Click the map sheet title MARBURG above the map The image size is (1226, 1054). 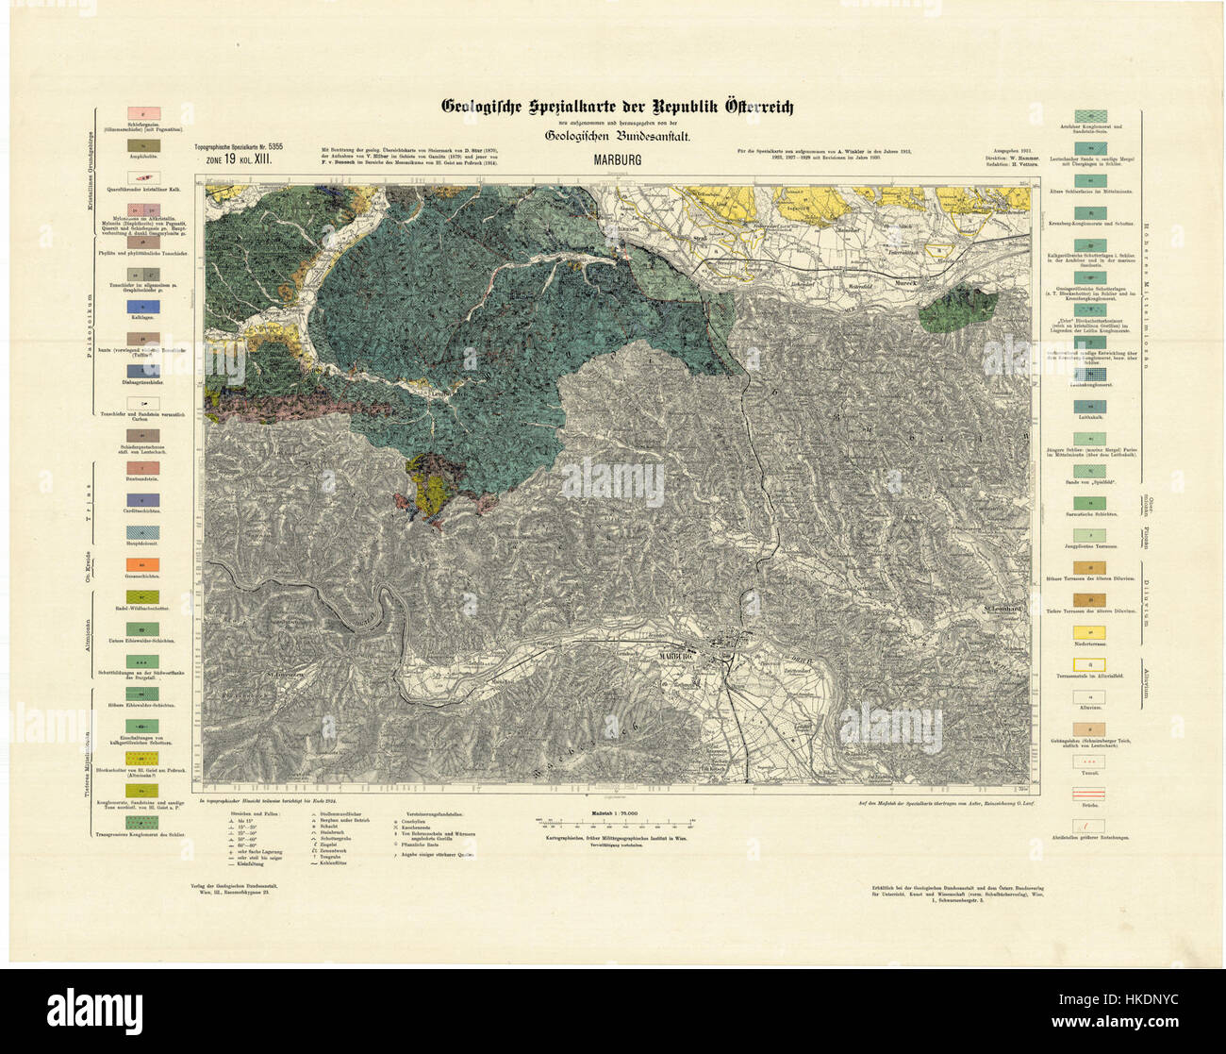click(618, 159)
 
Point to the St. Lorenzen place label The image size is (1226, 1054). click(282, 675)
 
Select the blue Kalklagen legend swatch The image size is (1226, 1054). click(142, 308)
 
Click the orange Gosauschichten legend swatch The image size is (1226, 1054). click(142, 565)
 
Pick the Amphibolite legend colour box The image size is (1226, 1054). click(142, 146)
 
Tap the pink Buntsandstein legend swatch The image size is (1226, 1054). click(142, 468)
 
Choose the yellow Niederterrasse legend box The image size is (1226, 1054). click(1090, 630)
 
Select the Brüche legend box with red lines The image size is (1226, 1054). click(1090, 795)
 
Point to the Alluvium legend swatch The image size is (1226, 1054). click(1090, 697)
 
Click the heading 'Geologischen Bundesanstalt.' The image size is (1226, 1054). click(618, 136)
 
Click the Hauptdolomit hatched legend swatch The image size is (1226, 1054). click(142, 532)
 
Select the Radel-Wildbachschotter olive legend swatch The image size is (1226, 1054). click(142, 597)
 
